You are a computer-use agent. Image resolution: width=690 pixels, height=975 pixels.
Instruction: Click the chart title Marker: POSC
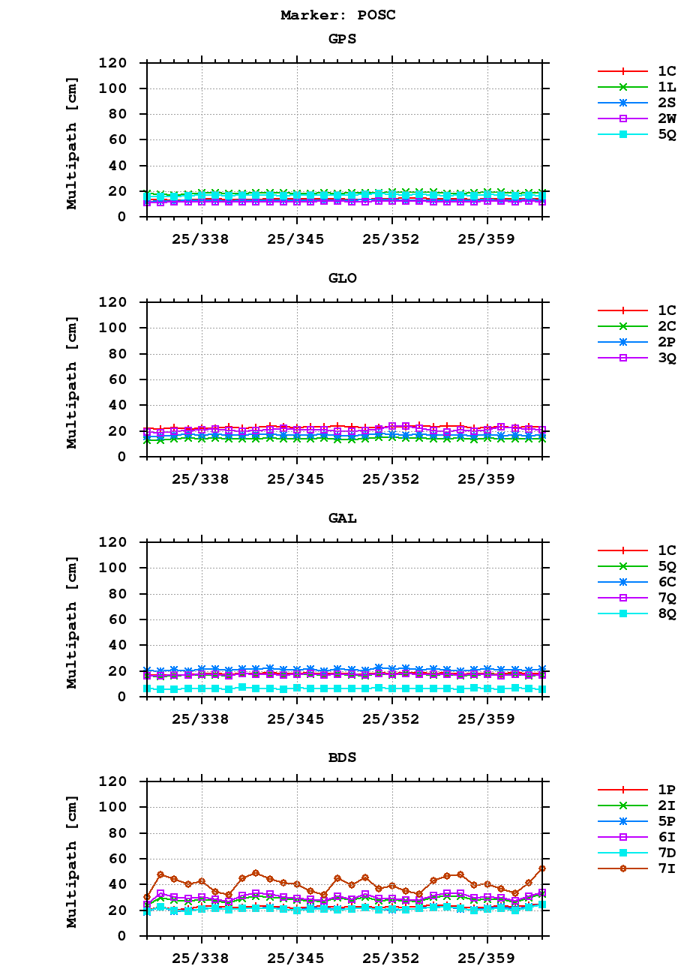337,15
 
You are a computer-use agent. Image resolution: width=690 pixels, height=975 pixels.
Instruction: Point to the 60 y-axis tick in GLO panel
123,379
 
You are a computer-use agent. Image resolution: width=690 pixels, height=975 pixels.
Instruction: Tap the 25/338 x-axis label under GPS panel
201,239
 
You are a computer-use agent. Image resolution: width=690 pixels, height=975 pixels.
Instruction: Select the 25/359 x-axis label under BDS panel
487,958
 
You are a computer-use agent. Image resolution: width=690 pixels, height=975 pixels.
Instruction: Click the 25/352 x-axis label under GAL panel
391,718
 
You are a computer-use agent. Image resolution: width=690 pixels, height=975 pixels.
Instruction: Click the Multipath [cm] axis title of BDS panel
72,858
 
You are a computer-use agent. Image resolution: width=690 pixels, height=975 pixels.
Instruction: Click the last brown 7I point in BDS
542,868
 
